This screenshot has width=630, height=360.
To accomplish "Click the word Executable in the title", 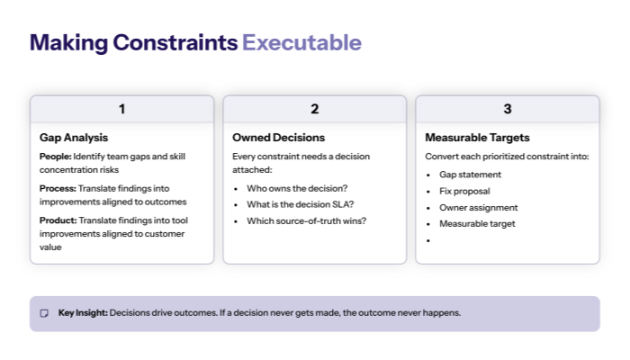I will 301,42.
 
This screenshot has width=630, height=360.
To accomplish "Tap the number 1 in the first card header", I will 121,109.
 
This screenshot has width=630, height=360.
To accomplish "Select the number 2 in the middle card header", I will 314,109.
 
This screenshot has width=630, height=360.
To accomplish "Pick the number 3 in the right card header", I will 507,109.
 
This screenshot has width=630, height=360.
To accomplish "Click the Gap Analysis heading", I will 74,138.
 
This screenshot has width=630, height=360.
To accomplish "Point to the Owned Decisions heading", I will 278,138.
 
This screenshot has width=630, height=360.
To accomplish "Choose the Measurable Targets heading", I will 477,138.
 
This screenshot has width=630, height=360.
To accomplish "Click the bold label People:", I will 55,157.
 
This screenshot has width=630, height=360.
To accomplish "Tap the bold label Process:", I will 58,188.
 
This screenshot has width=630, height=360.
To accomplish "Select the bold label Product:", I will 58,220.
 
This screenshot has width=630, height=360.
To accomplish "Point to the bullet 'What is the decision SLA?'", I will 300,204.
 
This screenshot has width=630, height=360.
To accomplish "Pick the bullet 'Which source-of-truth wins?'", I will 305,220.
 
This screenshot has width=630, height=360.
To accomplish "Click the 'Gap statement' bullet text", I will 470,175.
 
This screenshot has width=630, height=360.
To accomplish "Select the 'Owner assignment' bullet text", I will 478,207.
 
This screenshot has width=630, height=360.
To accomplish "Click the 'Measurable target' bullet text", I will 477,223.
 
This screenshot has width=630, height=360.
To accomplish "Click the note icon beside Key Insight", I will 44,313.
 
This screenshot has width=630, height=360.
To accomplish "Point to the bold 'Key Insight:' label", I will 83,313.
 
